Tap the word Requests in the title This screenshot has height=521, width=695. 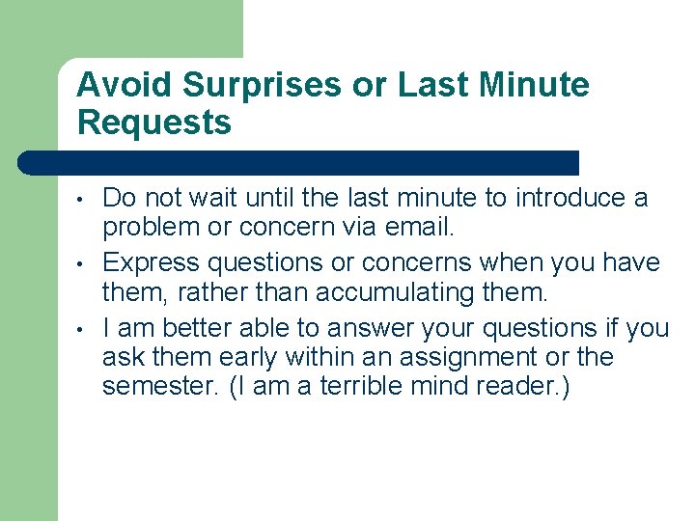pos(154,123)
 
